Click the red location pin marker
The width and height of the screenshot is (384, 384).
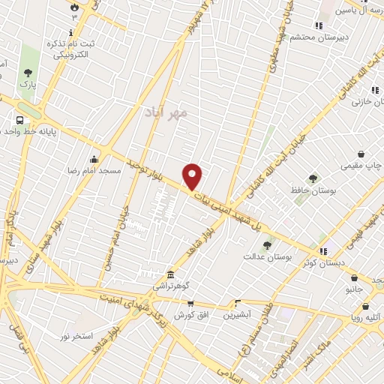point(193,176)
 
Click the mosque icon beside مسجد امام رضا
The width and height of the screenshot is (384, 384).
point(94,159)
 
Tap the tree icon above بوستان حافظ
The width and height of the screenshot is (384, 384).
point(313,178)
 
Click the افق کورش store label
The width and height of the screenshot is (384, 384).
point(190,314)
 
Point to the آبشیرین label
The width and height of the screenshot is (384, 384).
point(238,314)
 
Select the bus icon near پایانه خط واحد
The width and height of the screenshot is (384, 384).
point(19,120)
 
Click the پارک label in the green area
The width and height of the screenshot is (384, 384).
point(28,85)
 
